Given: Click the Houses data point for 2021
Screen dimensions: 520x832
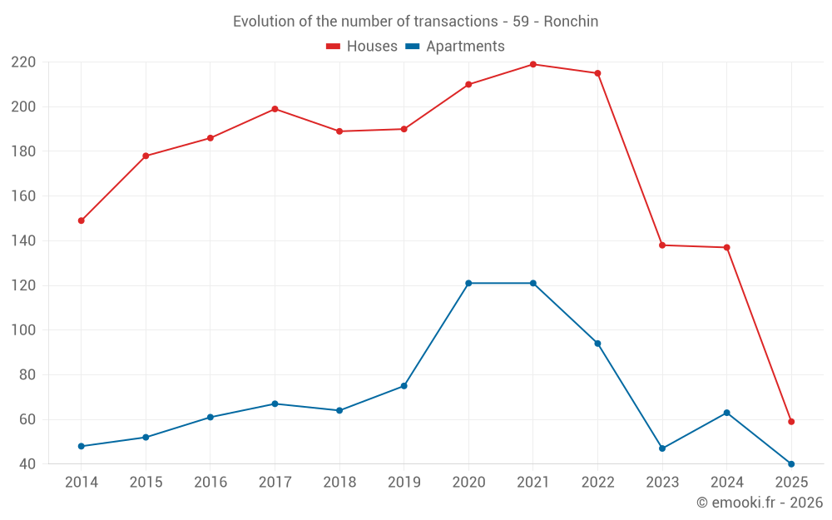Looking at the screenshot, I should tap(533, 64).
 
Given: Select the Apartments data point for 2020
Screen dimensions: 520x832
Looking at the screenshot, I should tap(468, 283).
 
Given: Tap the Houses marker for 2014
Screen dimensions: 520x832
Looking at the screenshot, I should tap(82, 220).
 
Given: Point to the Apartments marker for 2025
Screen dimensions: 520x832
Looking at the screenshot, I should tap(791, 463).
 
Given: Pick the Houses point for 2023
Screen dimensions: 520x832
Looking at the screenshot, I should tap(662, 245).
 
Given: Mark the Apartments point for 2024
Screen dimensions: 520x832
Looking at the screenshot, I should tap(727, 413).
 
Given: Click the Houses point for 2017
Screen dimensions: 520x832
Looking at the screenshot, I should tap(275, 109).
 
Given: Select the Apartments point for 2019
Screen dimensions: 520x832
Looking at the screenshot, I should tap(404, 385).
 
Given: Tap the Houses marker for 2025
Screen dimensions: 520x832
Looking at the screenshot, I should tap(791, 421).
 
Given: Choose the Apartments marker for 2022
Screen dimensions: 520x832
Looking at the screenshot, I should tap(597, 343).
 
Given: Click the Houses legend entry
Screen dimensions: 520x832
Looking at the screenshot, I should tap(362, 47).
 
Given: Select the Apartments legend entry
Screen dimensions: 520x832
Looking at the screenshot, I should tap(455, 47).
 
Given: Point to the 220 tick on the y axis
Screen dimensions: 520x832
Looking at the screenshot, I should tap(23, 62).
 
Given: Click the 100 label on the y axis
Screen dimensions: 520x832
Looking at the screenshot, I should tap(23, 330).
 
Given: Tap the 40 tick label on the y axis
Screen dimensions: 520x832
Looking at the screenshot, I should tap(27, 464).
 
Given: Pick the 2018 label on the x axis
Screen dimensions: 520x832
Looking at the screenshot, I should tap(339, 483).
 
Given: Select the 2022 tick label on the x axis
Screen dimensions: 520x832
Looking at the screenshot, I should tap(597, 483).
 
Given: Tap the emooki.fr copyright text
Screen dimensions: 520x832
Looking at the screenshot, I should tap(759, 503).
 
